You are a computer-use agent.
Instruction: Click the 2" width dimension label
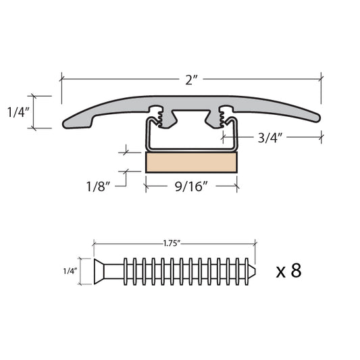[x=191, y=80]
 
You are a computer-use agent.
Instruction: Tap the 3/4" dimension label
[x=269, y=138]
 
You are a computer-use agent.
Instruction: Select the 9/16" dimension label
[x=191, y=186]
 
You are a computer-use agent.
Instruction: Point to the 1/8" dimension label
[x=98, y=186]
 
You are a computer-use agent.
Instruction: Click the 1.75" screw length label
[x=172, y=243]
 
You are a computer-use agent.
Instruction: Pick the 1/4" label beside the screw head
[x=70, y=271]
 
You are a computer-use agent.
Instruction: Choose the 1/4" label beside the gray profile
[x=18, y=112]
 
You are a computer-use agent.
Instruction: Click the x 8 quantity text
[x=288, y=270]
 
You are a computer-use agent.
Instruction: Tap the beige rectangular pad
[x=191, y=162]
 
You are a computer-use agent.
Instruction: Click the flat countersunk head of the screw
[x=99, y=271]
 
